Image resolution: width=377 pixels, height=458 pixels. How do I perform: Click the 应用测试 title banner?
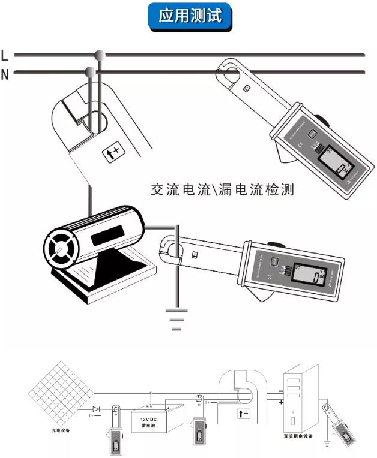pos(188,16)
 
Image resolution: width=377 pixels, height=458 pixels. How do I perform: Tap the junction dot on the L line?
pos(100,55)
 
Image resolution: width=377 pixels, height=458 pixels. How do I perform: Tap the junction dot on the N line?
pos(90,73)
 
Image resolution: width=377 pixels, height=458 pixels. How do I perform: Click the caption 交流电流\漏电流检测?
pos(222,191)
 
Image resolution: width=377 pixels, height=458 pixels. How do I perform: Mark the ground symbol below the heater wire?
pos(176,319)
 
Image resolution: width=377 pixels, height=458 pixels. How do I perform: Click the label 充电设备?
pos(61,430)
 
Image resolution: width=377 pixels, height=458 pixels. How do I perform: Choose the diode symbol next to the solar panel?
pos(96,409)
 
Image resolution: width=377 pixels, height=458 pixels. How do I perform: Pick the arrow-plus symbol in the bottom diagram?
pos(243,413)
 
